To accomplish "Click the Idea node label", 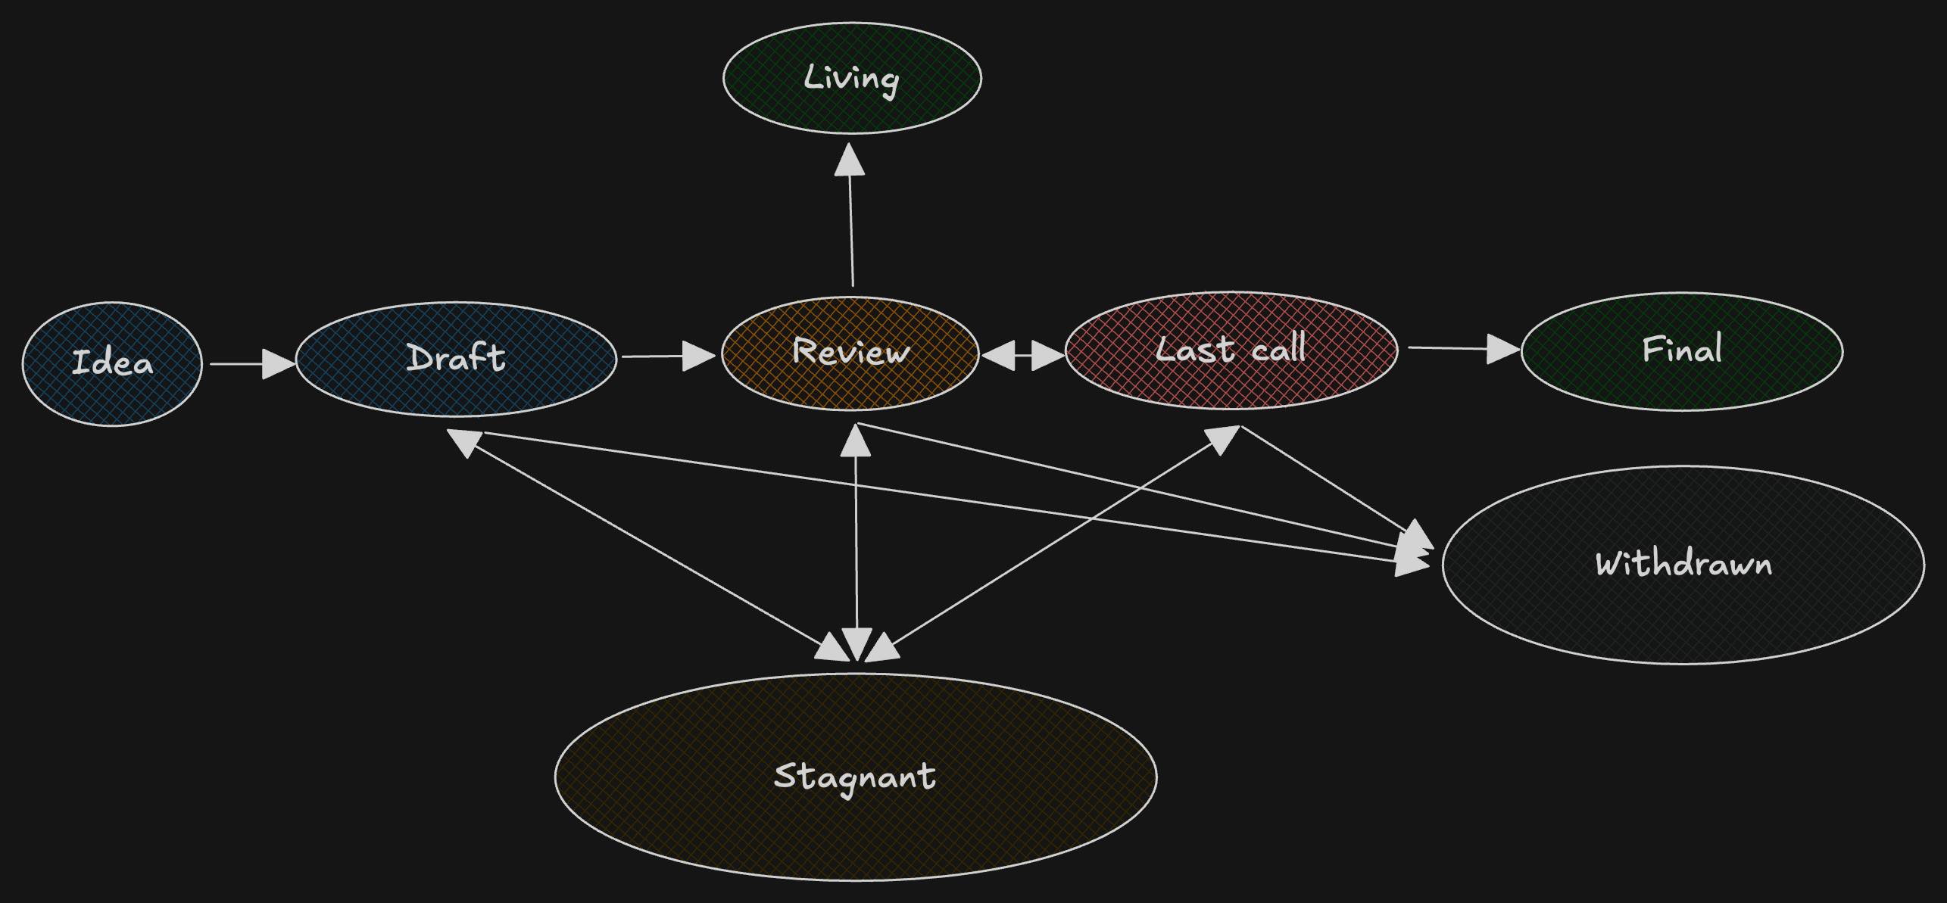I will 112,363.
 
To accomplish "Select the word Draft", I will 456,358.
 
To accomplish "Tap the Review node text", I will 850,351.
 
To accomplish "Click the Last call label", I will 1231,349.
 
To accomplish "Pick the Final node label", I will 1682,349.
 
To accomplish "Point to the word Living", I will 851,78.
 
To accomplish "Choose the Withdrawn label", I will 1683,564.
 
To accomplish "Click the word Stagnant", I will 855,776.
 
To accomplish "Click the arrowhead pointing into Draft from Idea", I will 278,364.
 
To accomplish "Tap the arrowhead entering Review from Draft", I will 698,356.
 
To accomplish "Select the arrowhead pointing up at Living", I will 850,160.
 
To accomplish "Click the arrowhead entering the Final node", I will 1502,349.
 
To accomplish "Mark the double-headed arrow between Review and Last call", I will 1022,355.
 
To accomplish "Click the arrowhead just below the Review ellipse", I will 856,441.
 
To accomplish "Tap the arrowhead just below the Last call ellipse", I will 1222,439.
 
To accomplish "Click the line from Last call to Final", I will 1446,348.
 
